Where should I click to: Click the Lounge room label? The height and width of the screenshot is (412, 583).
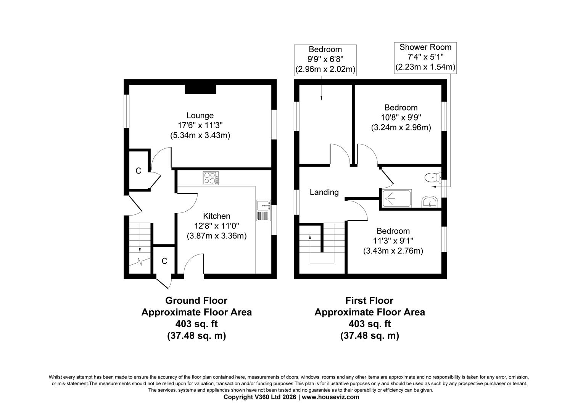tap(200, 115)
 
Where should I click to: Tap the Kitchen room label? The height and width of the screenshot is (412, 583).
tap(216, 216)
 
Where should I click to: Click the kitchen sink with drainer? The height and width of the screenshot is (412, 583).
tap(263, 211)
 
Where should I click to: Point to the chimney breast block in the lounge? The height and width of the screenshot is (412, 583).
tap(201, 89)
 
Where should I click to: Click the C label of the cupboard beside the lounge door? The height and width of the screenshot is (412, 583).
tap(139, 171)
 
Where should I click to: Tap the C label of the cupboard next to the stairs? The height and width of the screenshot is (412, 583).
tap(164, 261)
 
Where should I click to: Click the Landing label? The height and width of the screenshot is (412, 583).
tap(324, 192)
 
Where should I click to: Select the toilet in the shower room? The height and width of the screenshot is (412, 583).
tap(431, 177)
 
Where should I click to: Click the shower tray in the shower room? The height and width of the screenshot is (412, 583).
tap(396, 198)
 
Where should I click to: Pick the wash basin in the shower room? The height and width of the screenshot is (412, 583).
tap(430, 202)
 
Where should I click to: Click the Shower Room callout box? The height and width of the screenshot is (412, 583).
tap(425, 57)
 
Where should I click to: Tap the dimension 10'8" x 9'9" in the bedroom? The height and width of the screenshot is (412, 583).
tap(401, 117)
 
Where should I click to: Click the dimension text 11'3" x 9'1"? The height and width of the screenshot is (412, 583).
tap(393, 241)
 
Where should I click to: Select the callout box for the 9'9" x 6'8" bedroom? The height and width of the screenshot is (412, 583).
tap(325, 60)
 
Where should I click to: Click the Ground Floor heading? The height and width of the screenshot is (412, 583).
tap(196, 301)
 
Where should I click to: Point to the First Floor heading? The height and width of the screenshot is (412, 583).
tap(369, 301)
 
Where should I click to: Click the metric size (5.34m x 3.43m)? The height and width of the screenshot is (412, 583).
tap(200, 135)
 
